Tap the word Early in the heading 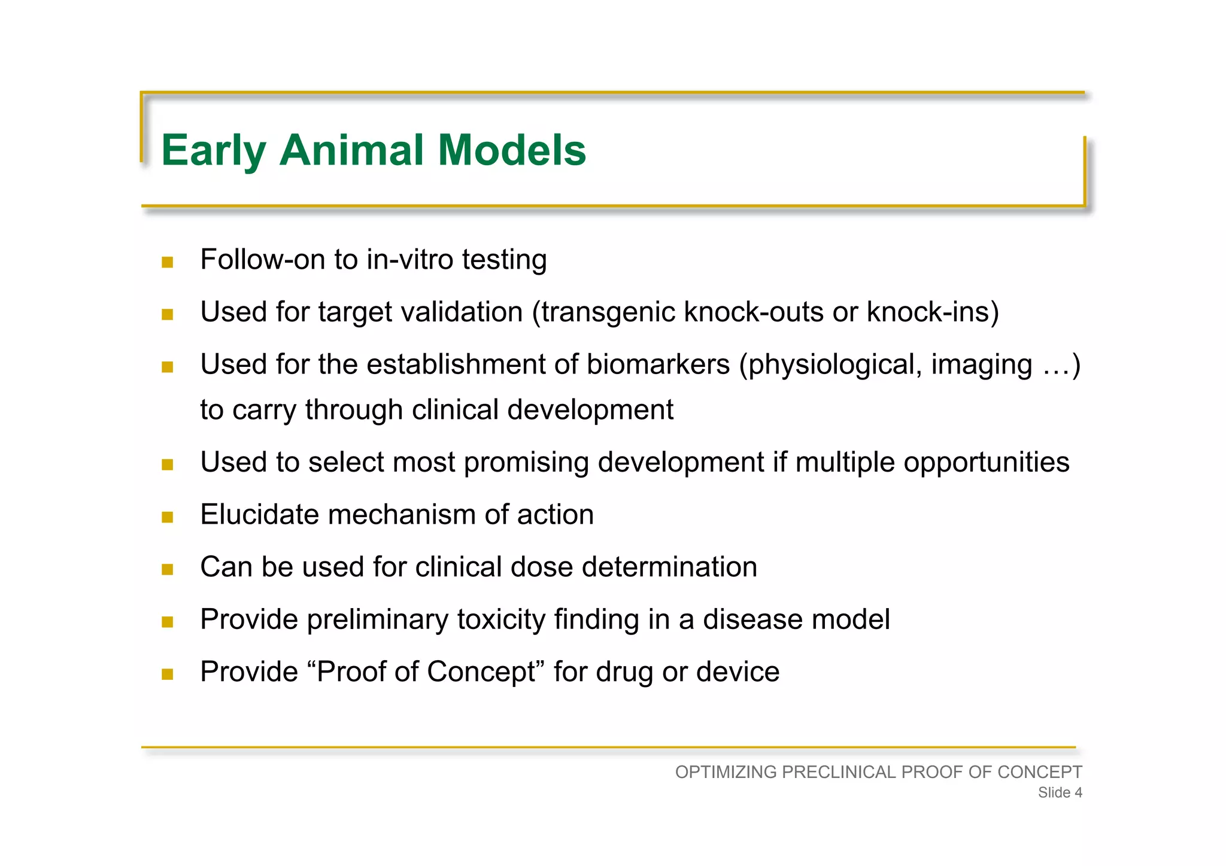point(213,151)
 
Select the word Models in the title point(512,150)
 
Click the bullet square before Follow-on point(168,262)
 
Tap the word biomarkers point(658,364)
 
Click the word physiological point(833,365)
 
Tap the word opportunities point(986,463)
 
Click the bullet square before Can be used point(168,569)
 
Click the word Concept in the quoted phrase point(481,672)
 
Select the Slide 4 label point(1060,792)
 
